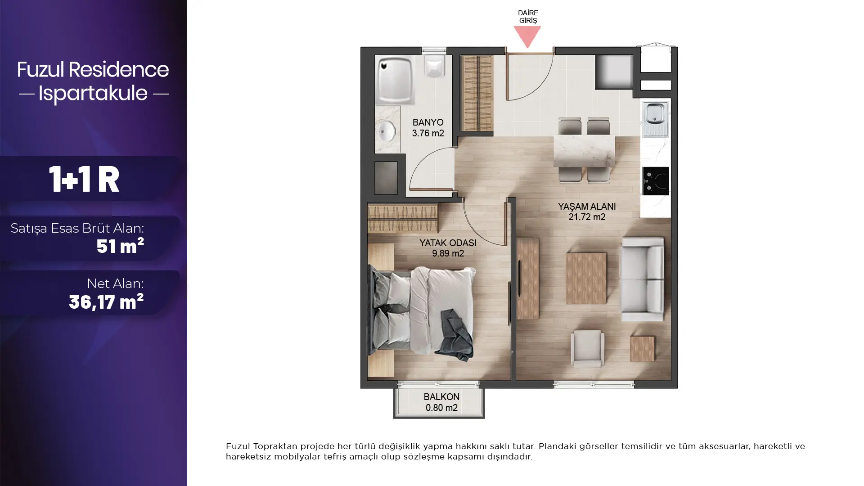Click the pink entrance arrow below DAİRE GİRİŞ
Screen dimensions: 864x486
point(527,36)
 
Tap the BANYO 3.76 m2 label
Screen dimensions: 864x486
point(428,128)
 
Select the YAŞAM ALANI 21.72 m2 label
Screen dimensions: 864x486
point(587,211)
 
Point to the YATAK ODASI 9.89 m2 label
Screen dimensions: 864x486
point(448,248)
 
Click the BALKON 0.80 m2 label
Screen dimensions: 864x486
point(441,402)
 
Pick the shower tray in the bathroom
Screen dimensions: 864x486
point(395,80)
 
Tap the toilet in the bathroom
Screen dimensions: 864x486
point(435,66)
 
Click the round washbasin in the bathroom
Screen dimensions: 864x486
point(387,132)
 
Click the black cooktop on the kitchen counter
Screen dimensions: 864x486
point(656,181)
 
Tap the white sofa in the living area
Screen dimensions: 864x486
point(643,279)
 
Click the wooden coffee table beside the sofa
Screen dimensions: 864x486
point(586,278)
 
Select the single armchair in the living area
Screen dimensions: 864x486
point(587,348)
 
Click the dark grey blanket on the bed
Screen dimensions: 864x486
point(454,335)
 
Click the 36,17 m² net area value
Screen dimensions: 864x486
point(106,301)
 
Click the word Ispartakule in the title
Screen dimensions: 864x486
point(93,93)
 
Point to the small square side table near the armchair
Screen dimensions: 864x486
point(642,348)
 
